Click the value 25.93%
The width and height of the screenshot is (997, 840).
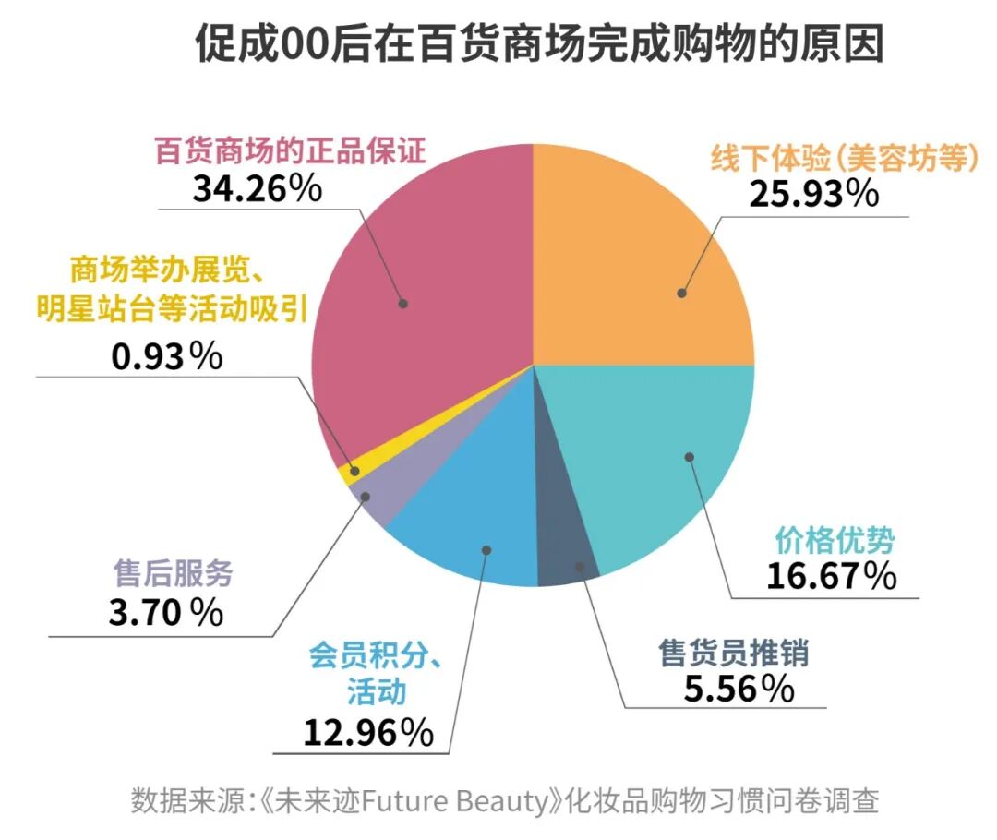[813, 194]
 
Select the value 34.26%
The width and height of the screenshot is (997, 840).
[257, 188]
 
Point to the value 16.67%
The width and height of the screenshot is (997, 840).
[831, 576]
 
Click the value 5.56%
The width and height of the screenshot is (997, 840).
[739, 689]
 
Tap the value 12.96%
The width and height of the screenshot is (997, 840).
[368, 733]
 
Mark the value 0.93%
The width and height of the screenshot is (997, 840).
[166, 356]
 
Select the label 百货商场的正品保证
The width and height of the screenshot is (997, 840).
[290, 150]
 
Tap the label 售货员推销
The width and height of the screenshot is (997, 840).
[734, 654]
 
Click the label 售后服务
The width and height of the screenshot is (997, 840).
[173, 574]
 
